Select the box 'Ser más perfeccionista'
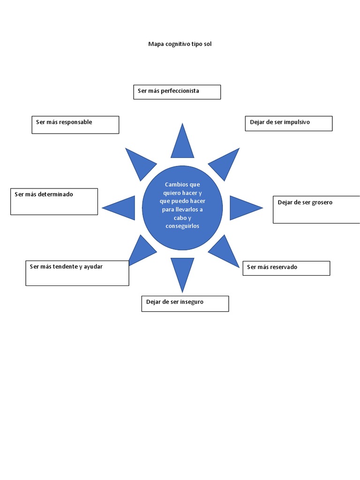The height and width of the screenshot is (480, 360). click(177, 92)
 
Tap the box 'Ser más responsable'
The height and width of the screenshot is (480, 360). click(75, 125)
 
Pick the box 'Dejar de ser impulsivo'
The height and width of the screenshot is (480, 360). click(288, 123)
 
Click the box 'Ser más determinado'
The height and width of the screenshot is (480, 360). click(54, 202)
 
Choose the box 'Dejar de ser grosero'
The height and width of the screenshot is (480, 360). click(316, 210)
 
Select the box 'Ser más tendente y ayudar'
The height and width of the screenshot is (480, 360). click(77, 273)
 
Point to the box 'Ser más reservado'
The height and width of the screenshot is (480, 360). click(286, 268)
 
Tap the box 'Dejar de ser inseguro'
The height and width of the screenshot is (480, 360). click(185, 303)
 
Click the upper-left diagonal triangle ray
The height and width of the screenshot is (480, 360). click(140, 163)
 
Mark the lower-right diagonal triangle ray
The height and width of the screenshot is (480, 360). click(225, 251)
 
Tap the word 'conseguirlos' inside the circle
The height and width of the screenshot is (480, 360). click(182, 226)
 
